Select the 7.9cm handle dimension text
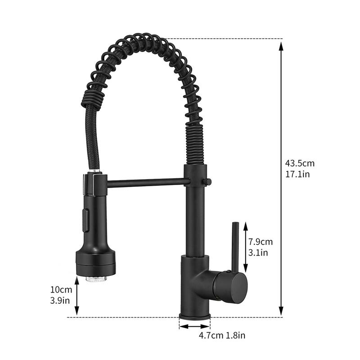261,242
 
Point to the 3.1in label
258,253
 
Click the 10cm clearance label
61,289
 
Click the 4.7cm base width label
211,335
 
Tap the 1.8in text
235,335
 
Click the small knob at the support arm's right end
208,181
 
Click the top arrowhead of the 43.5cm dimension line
281,44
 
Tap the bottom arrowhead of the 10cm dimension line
77,311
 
